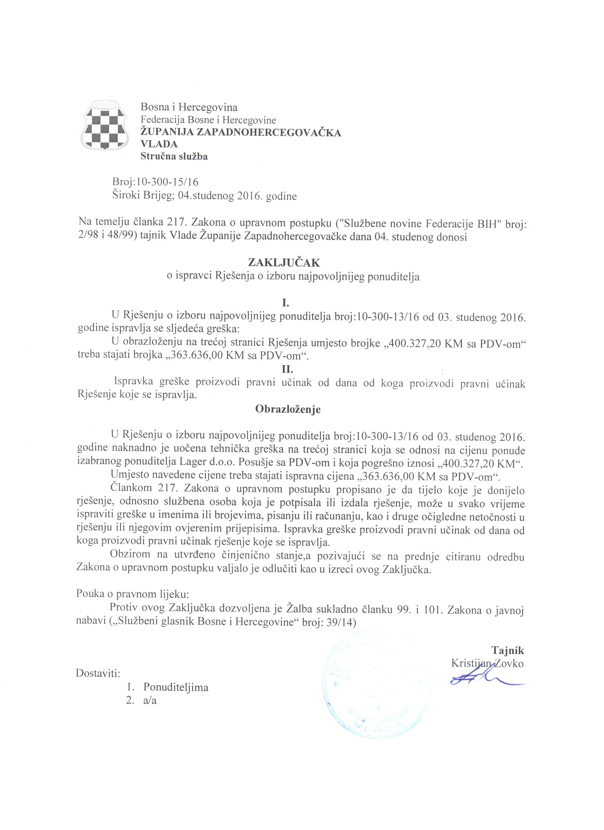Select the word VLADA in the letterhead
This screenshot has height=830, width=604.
coord(159,144)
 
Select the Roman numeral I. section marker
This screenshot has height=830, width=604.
coord(286,303)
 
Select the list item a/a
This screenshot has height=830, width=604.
coord(150,701)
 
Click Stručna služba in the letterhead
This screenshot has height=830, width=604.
coord(174,157)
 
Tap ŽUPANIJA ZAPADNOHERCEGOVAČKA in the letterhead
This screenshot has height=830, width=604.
coord(241,132)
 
